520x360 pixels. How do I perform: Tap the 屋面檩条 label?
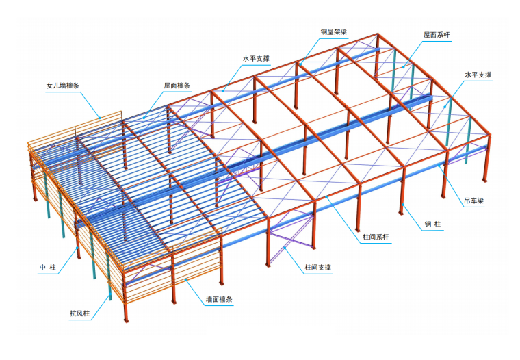[177, 86]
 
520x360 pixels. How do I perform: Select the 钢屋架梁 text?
[333, 31]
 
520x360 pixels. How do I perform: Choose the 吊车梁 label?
[474, 201]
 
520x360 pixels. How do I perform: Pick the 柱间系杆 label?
[376, 237]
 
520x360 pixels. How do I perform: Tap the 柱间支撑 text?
[317, 267]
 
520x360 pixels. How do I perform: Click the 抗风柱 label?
[79, 314]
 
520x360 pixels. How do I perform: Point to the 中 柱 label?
[47, 267]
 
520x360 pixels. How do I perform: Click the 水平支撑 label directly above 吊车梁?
[478, 74]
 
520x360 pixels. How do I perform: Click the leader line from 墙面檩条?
[190, 290]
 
